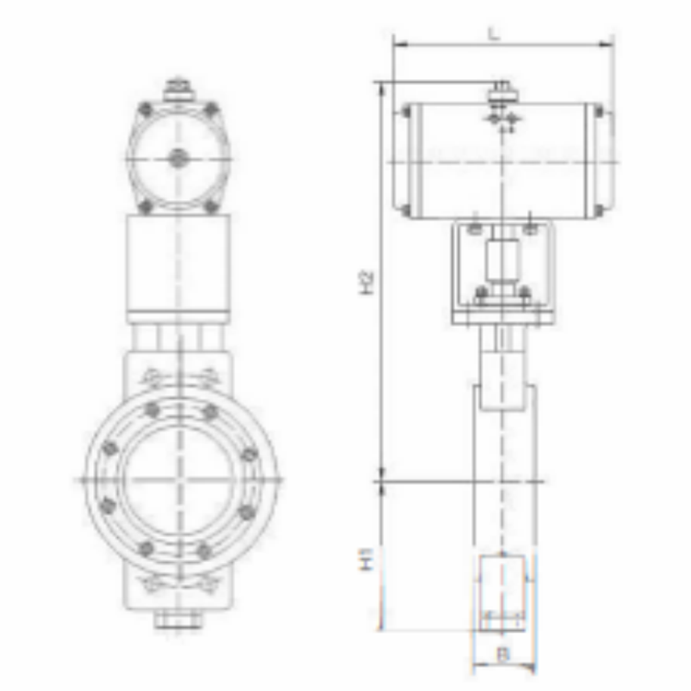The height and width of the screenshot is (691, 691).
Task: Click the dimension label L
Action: (495, 33)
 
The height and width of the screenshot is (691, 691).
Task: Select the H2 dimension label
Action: (367, 281)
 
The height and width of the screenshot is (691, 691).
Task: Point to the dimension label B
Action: (502, 655)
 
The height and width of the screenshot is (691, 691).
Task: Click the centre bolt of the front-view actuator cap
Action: (177, 158)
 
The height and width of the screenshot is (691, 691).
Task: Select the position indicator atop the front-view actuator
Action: (176, 90)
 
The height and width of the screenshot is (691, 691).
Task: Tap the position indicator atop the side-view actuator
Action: (501, 91)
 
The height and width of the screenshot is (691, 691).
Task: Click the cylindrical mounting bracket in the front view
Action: (177, 263)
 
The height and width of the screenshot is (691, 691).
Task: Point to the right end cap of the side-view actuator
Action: (603, 162)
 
